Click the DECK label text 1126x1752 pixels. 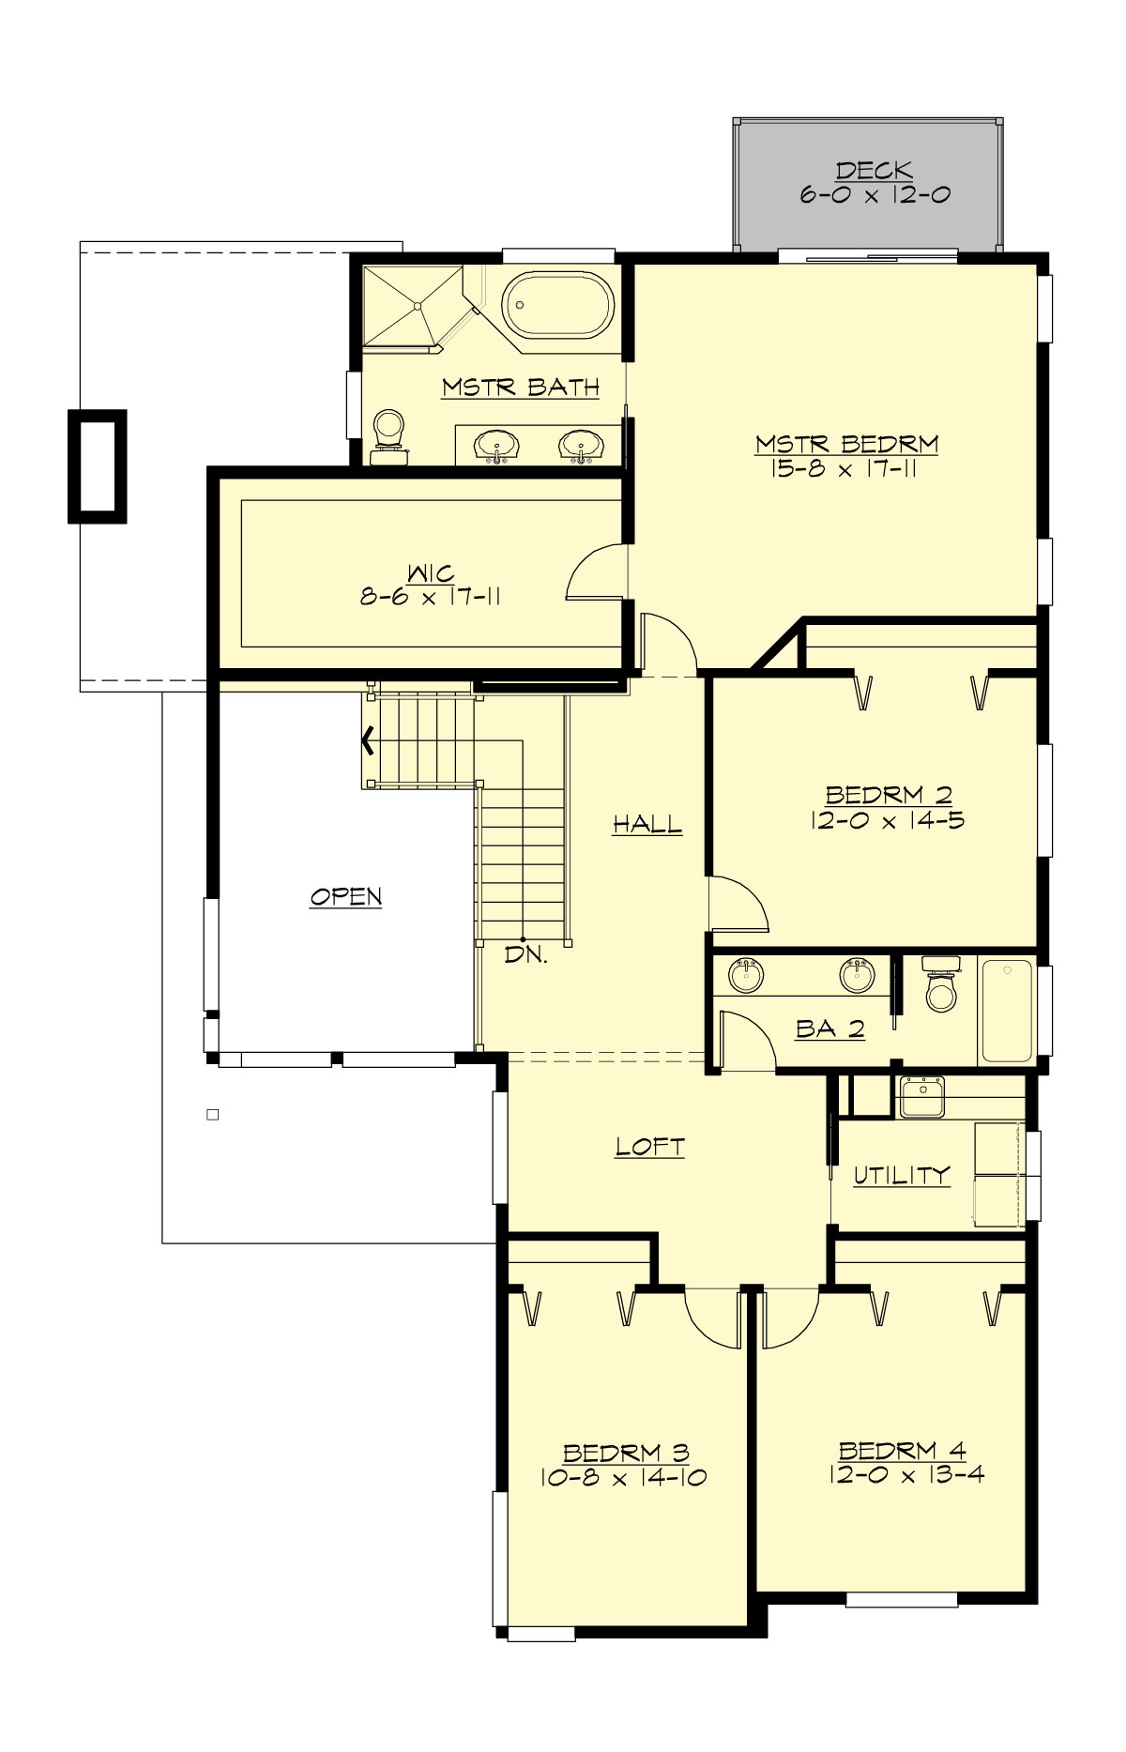tap(874, 171)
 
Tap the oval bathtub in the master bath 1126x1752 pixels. tap(556, 305)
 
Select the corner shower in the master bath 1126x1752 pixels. tap(412, 304)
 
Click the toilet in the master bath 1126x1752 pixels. tap(388, 436)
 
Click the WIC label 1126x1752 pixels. tap(431, 572)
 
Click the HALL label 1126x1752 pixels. tap(647, 825)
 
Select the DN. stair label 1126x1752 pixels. tap(525, 956)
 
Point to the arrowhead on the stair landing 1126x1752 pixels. tap(368, 741)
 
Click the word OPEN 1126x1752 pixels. tap(346, 897)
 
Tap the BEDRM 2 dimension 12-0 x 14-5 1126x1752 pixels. tap(887, 820)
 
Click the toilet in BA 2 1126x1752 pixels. tap(940, 985)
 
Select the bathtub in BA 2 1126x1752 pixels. tap(1007, 1011)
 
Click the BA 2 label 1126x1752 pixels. tap(830, 1029)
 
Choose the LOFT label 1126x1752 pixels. tap(649, 1147)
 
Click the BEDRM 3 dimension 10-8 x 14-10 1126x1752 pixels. tap(624, 1478)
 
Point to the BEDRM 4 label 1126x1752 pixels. tap(902, 1451)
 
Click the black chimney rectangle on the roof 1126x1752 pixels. tap(97, 466)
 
